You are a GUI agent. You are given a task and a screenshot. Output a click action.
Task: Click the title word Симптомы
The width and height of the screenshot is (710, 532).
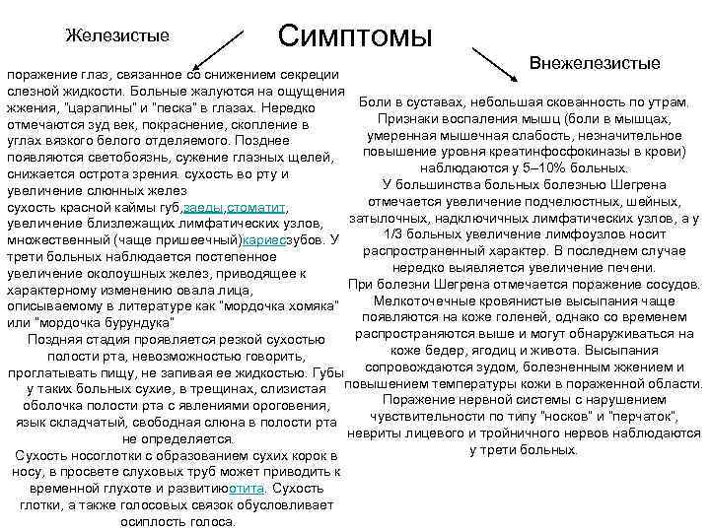tap(356, 36)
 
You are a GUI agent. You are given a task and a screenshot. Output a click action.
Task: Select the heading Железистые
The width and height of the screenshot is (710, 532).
tap(116, 35)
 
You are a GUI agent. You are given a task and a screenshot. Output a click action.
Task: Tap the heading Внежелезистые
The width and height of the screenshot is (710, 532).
tap(595, 63)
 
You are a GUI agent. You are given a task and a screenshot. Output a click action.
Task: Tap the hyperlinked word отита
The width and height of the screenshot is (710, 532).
tap(248, 489)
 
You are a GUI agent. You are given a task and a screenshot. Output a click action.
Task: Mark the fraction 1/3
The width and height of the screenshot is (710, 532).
tap(407, 233)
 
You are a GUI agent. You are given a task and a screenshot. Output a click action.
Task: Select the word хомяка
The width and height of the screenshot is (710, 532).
tap(306, 305)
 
